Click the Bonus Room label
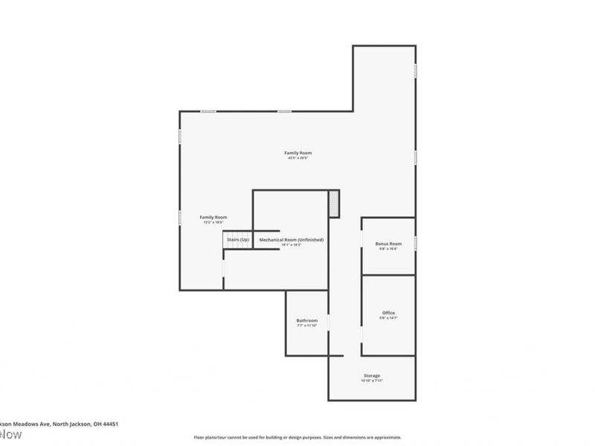point(388,244)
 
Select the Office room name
point(388,313)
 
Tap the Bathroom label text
point(307,320)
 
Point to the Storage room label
point(372,375)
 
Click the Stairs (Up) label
point(238,239)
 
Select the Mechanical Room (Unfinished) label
point(291,239)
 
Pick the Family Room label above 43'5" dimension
point(297,152)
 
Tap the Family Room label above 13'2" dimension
point(213,217)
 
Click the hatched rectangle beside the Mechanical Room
point(334,203)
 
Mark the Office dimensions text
point(388,318)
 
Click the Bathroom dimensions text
point(307,326)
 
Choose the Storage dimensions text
point(372,381)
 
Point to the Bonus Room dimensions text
point(388,249)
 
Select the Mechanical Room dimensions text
point(291,245)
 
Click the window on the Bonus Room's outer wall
point(415,243)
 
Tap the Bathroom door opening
point(328,324)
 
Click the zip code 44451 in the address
point(110,424)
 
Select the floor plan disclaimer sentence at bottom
point(297,438)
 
